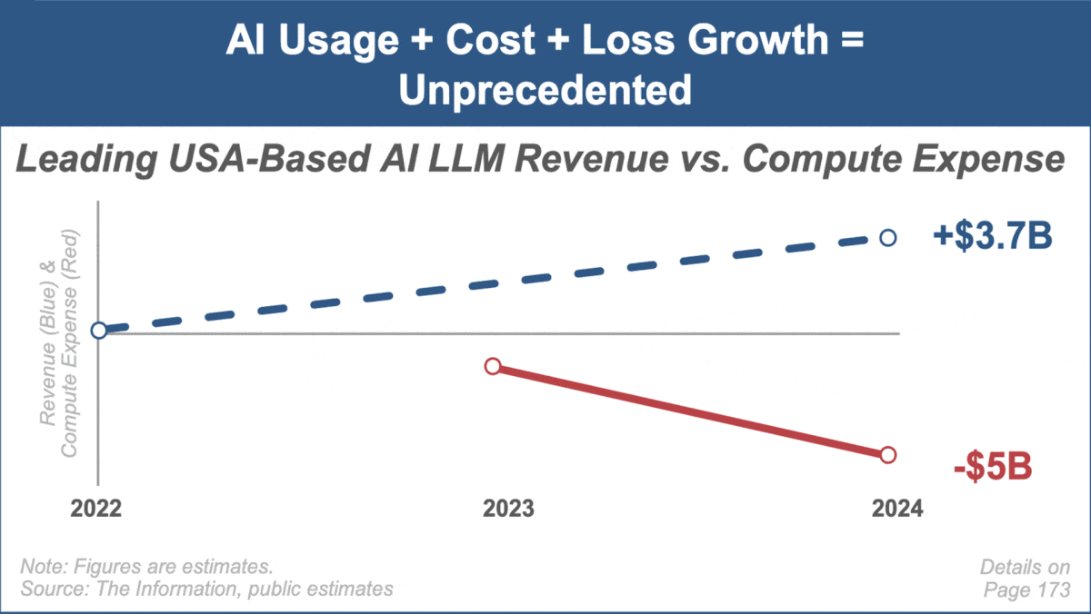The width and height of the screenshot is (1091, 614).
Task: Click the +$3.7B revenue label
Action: [992, 238]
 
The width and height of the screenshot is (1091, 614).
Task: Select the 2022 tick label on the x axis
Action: [96, 509]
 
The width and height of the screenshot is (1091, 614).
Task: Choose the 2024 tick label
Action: [896, 509]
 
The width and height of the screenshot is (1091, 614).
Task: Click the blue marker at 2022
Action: [99, 330]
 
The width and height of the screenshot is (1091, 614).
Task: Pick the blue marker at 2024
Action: [888, 238]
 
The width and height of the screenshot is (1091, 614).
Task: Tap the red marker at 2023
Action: [493, 366]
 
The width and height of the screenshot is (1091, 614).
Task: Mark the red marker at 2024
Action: [888, 454]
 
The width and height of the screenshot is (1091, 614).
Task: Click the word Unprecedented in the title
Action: [545, 91]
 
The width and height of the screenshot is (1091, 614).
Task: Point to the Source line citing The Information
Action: [206, 589]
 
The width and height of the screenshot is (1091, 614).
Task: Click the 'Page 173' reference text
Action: [1027, 589]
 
